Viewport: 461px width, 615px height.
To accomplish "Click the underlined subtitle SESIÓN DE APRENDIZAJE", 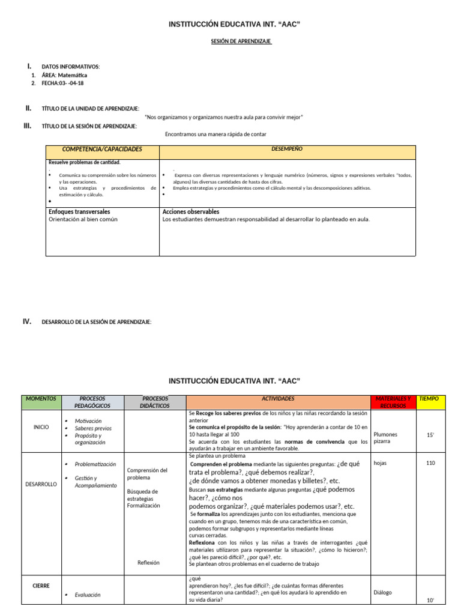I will (x=234, y=41).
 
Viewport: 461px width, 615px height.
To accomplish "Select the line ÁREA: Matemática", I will (x=64, y=75).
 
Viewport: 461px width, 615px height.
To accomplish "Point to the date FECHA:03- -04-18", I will (x=62, y=83).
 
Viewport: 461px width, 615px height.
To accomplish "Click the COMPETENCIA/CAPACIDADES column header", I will (x=103, y=149).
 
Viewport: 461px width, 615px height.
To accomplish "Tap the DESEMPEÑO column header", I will (x=287, y=148).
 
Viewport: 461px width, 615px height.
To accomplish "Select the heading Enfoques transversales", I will (x=79, y=212).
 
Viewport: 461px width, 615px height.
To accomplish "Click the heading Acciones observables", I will (x=191, y=212).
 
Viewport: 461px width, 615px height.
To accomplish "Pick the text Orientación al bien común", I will (x=83, y=219).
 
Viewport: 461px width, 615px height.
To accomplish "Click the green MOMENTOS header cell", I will (x=41, y=398).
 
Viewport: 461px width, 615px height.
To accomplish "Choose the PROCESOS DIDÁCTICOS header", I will (x=155, y=402).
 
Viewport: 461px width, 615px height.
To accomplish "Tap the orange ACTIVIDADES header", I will (x=278, y=398).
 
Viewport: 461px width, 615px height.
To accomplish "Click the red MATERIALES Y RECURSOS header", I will (x=393, y=402).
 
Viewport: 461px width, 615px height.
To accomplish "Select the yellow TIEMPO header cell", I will (x=429, y=398).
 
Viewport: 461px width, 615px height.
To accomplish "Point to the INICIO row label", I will (x=41, y=427).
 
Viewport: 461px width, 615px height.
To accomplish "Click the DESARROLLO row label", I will (x=41, y=483).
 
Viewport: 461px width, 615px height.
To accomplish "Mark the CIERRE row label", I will (x=41, y=585).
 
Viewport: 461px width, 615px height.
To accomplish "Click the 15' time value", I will (x=430, y=434).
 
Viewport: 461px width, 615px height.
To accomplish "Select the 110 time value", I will (x=430, y=463).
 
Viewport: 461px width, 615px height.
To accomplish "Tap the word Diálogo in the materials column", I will (x=382, y=592).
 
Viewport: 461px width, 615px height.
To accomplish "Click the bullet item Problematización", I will (x=95, y=464).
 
